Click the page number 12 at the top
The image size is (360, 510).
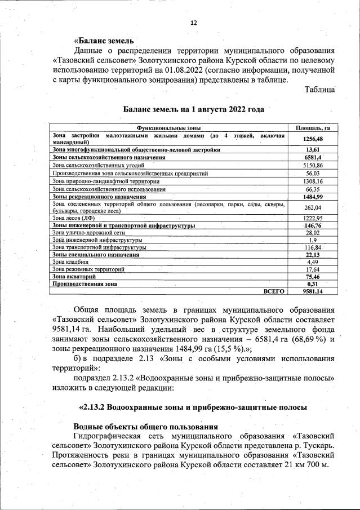click(x=194, y=23)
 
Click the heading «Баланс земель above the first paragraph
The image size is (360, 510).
click(x=104, y=41)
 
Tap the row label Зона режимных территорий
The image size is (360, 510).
click(x=88, y=269)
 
